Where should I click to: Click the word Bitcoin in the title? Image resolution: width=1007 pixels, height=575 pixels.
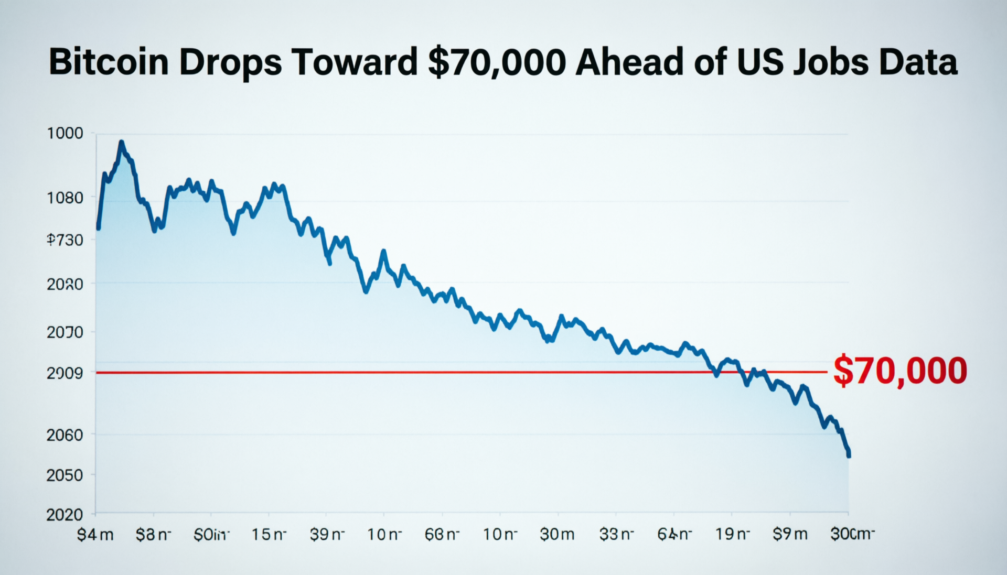point(109,62)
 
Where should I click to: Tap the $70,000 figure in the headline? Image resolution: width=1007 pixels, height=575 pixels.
point(497,62)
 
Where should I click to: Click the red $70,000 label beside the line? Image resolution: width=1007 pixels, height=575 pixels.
point(900,371)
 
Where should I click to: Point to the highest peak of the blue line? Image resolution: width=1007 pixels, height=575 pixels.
point(121,142)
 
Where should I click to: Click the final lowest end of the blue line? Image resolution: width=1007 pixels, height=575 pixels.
point(848,455)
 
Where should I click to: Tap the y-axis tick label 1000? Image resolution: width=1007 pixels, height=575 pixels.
point(65,133)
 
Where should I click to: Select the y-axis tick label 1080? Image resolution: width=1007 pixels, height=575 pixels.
point(65,198)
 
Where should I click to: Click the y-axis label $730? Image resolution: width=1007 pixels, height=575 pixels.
point(65,240)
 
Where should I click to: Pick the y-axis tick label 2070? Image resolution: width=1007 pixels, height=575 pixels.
point(65,332)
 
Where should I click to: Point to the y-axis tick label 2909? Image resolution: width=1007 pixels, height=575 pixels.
point(65,373)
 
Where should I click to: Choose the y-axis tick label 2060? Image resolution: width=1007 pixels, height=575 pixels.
point(65,435)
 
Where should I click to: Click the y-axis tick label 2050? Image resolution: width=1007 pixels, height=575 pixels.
point(65,475)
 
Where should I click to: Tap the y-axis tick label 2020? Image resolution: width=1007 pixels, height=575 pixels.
point(65,515)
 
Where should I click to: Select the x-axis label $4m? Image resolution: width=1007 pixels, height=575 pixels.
point(95,535)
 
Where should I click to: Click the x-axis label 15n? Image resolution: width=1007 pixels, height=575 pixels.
point(269,535)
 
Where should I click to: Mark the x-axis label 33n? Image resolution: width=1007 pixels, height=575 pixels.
point(616,535)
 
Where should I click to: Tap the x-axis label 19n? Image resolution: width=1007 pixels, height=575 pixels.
point(732,535)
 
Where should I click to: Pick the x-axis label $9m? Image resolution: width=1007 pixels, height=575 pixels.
point(790,535)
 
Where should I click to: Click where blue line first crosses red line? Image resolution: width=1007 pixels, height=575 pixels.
point(713,372)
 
